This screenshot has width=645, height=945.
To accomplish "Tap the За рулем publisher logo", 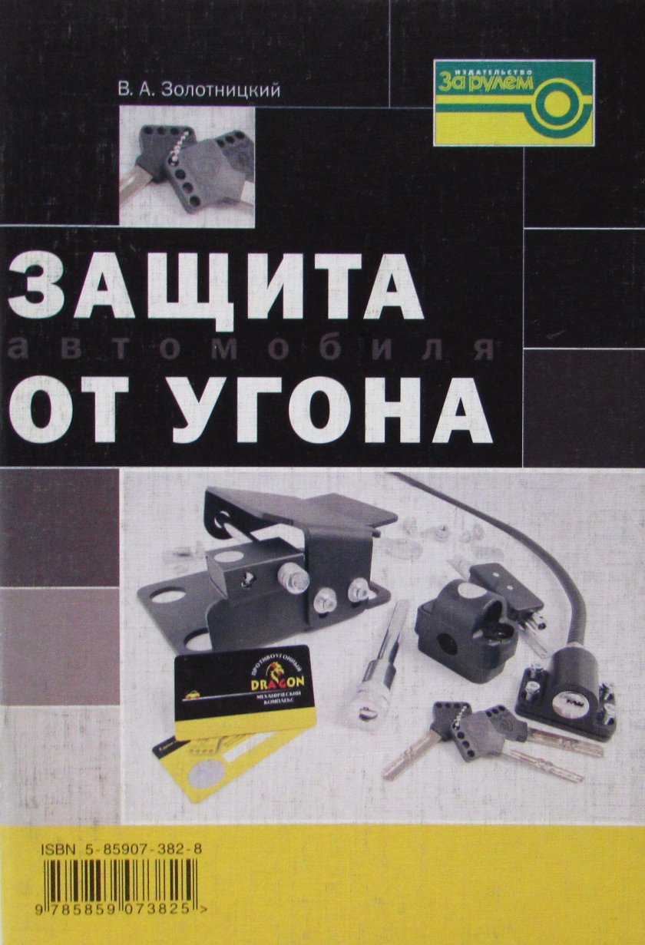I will click(514, 102).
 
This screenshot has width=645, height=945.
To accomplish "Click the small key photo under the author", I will click(187, 167).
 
